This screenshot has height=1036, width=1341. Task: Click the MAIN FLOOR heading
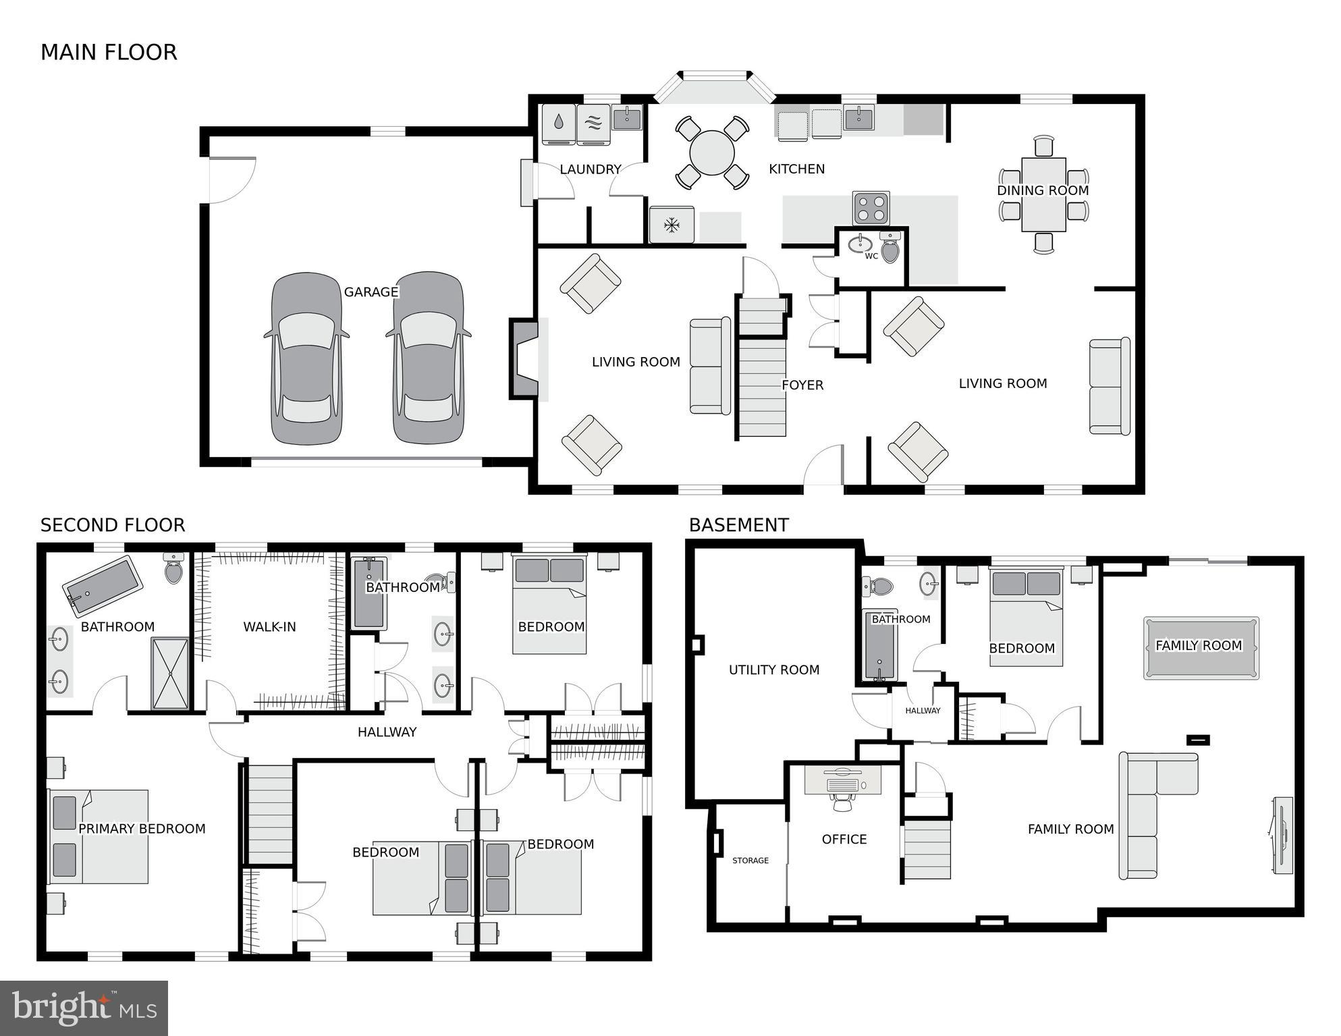tap(109, 53)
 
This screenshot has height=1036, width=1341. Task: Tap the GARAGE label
tap(371, 292)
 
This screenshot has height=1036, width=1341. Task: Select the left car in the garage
tap(306, 358)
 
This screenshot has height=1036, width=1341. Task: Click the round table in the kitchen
tap(712, 153)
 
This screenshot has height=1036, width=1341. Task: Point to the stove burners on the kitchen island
tap(871, 208)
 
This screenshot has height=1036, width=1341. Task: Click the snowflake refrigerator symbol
tap(672, 225)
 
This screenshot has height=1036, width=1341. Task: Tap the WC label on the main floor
tap(871, 256)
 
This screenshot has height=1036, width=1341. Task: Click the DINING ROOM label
tap(1043, 190)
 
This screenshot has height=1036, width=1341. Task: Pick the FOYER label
tap(802, 385)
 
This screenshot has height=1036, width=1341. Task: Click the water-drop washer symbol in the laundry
tap(559, 123)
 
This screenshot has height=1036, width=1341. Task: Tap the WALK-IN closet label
tap(269, 626)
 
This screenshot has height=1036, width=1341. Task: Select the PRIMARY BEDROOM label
tap(142, 828)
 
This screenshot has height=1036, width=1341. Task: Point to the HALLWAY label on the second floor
tap(387, 732)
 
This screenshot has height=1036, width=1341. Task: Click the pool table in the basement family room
tap(1201, 647)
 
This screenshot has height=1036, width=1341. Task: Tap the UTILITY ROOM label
tap(774, 670)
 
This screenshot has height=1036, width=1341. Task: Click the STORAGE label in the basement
tap(750, 861)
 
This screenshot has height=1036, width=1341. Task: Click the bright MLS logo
tap(84, 1008)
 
